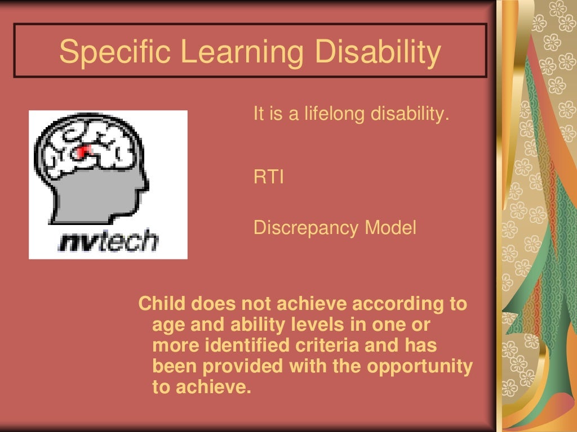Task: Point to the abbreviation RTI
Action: point(268,178)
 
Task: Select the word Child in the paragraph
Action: point(162,304)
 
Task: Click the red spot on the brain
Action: point(84,151)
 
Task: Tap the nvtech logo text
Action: point(108,241)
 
